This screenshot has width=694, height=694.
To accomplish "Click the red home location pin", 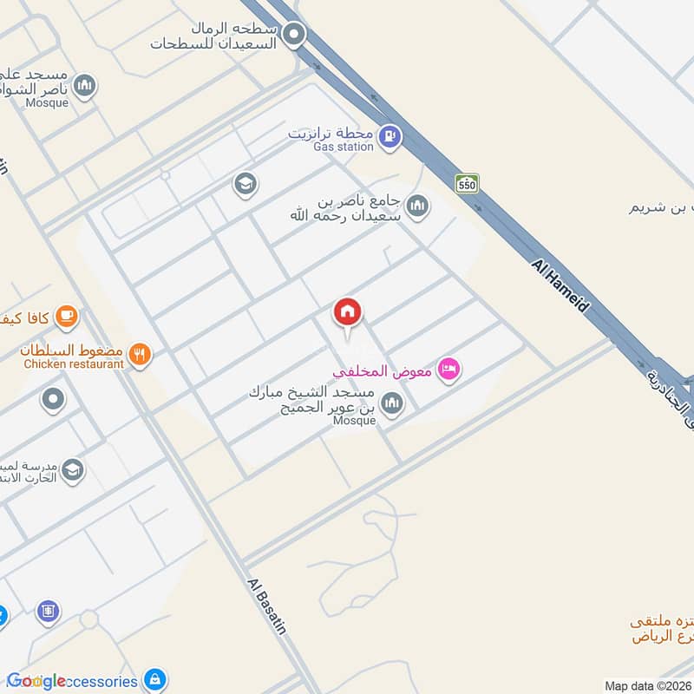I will [348, 312].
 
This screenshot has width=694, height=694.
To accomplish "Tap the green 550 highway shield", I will [467, 184].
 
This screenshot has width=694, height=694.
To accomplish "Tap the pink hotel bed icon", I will [448, 370].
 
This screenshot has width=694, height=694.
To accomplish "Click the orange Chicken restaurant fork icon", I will [139, 354].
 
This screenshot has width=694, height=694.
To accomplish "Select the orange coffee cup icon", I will [66, 316].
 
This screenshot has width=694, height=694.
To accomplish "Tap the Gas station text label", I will [344, 147].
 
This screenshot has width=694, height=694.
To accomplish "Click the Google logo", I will [36, 681].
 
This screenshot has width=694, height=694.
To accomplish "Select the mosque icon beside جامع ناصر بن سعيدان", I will [417, 206].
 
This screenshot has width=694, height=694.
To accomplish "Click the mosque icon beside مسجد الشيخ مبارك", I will [393, 403].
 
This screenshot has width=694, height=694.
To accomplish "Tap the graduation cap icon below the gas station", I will [246, 183].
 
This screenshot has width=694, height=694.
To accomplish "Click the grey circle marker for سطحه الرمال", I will [295, 36].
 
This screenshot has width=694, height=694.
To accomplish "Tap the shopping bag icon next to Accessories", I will [154, 679].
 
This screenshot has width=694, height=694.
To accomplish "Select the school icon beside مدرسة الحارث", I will [73, 469].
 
